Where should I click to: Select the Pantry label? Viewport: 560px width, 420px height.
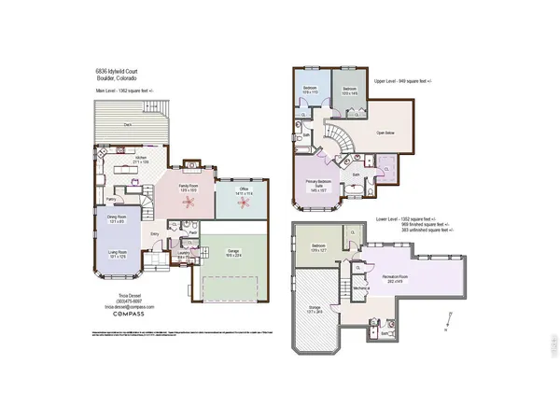tap(110, 199)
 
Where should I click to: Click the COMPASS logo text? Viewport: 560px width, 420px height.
tap(129, 315)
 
